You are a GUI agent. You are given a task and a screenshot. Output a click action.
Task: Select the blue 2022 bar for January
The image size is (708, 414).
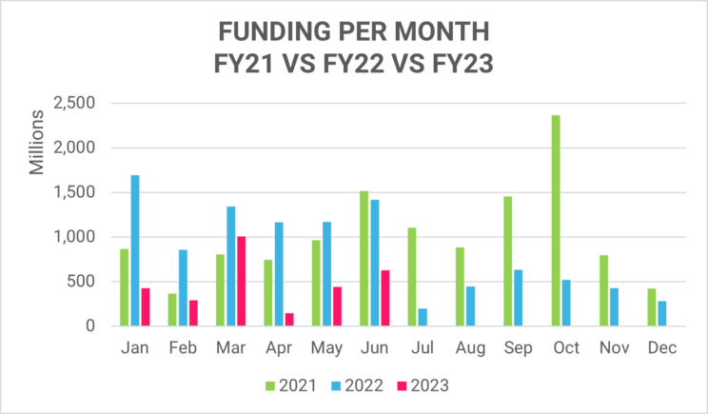click(135, 250)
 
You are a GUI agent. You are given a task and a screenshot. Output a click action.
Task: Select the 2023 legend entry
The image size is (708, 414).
click(422, 385)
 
